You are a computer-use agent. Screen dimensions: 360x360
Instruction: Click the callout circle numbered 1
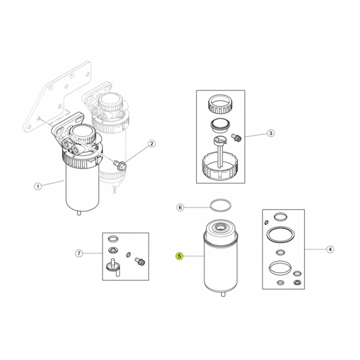(38, 186)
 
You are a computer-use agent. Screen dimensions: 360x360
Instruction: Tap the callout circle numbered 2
(152, 144)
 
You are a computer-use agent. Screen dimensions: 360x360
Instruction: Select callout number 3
(271, 133)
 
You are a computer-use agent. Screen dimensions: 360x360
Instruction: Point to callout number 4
(330, 249)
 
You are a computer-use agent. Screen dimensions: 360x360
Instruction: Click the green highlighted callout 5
(180, 256)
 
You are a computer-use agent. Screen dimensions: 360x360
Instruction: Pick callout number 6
(180, 207)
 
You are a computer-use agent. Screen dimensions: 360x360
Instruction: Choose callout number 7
(79, 253)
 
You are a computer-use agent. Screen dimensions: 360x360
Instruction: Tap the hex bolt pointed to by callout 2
(120, 165)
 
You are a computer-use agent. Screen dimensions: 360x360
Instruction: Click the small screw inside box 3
(237, 137)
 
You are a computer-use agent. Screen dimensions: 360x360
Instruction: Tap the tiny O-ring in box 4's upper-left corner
(266, 222)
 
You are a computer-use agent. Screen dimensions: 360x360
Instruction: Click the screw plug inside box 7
(140, 262)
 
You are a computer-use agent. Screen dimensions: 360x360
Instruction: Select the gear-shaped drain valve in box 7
(112, 267)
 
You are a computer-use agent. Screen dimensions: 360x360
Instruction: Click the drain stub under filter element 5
(223, 294)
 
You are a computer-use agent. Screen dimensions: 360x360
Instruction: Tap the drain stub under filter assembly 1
(79, 213)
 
